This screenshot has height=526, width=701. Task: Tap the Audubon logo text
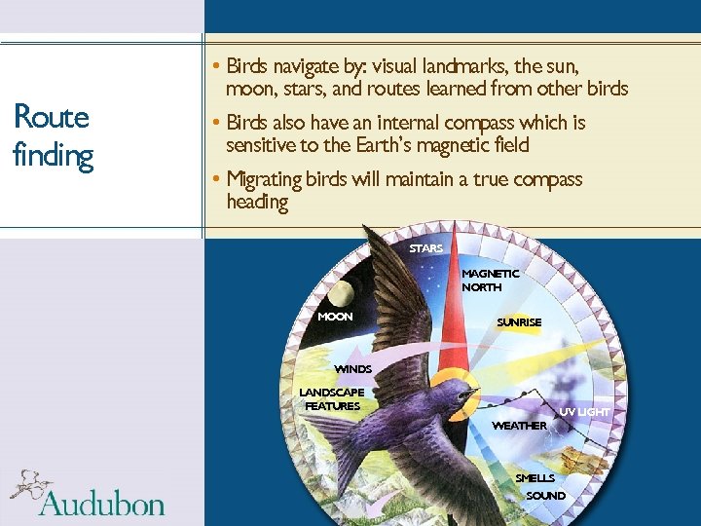pos(102,504)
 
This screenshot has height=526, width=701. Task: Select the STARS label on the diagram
pos(425,248)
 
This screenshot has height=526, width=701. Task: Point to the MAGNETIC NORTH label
pos(490,281)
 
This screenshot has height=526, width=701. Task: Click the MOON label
pos(335,317)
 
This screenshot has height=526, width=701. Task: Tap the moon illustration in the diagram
pos(341,291)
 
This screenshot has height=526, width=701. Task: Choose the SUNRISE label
pos(518,322)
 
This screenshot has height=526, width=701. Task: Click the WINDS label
pos(352,369)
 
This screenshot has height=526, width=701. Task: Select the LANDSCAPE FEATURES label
pos(332,399)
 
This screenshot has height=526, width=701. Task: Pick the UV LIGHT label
pos(584,412)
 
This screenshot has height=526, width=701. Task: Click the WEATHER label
pos(519,426)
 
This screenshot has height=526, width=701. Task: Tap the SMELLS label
pos(535,478)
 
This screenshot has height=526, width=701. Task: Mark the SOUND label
pos(545,496)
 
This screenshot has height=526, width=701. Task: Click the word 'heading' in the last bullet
pos(257,202)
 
